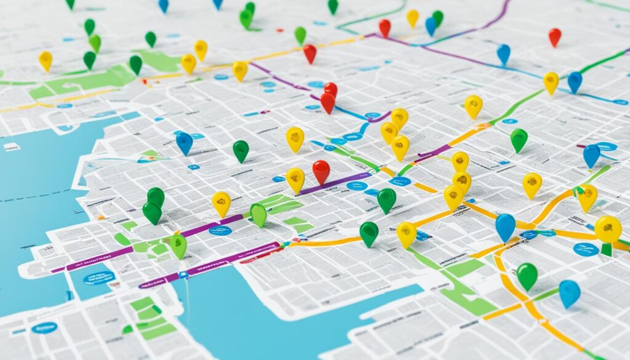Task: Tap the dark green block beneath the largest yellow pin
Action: [x=607, y=249]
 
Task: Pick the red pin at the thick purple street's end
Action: [x=321, y=170]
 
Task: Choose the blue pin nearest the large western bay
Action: [x=184, y=142]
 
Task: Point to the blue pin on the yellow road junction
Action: [x=505, y=226]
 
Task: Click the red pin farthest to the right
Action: [x=554, y=36]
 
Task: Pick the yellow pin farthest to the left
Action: [x=46, y=60]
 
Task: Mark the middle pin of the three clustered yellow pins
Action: [x=389, y=131]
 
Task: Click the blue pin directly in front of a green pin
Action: [x=430, y=25]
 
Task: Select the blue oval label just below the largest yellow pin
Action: [x=586, y=249]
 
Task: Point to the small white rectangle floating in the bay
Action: [x=11, y=146]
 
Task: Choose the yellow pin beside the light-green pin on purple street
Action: [x=221, y=203]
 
